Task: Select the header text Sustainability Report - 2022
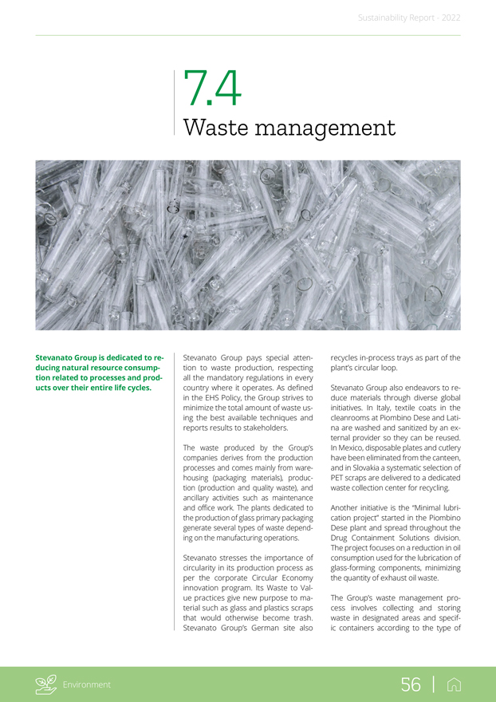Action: [x=408, y=18]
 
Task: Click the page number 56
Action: [x=411, y=684]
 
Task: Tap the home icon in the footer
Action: [x=453, y=684]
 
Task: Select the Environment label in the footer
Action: [x=89, y=684]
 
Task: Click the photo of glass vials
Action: [x=247, y=245]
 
